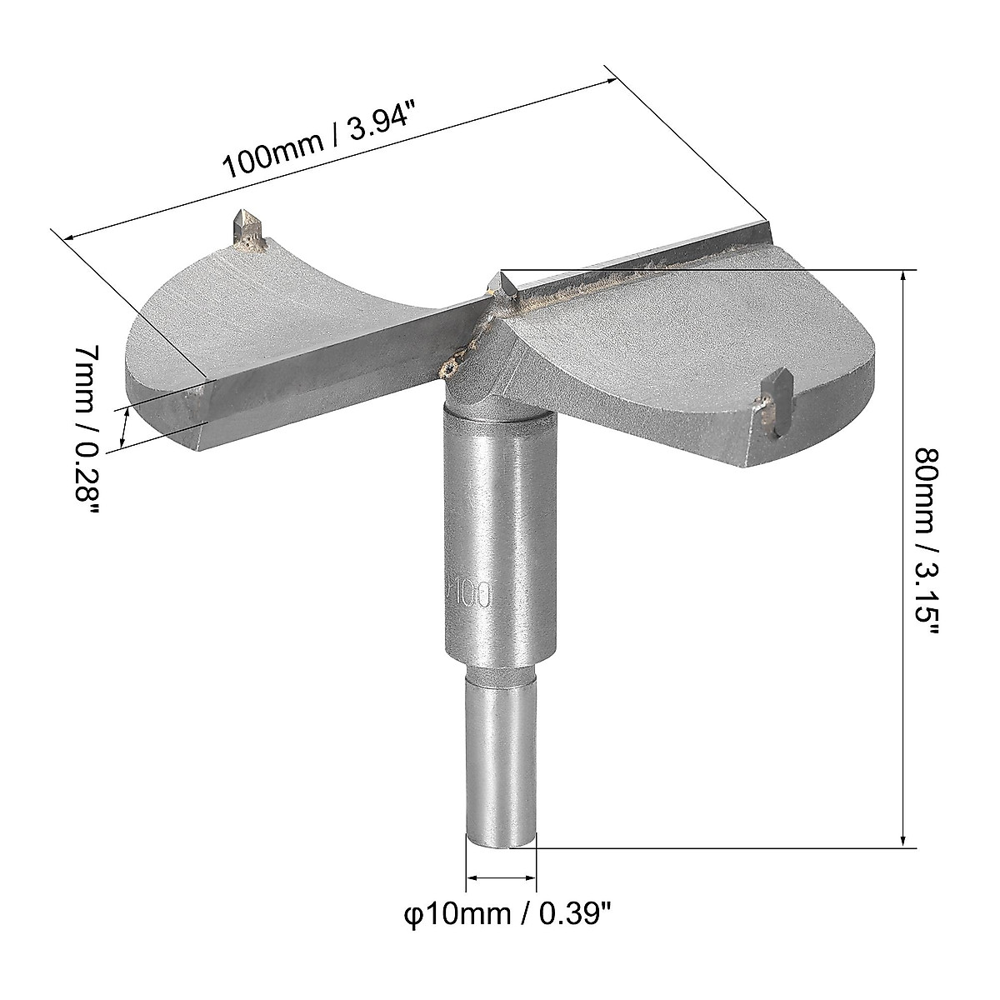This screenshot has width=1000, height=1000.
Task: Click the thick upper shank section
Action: [497, 533]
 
